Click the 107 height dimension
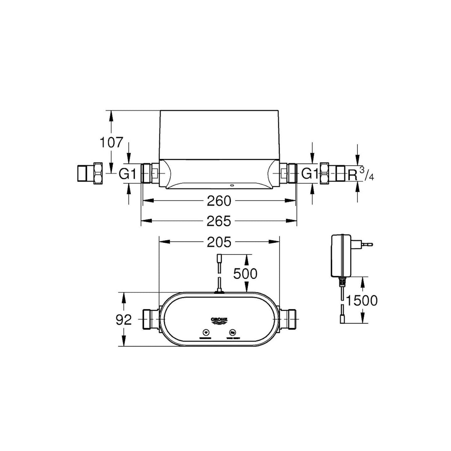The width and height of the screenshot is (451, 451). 111,143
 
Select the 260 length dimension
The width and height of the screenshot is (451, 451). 219,201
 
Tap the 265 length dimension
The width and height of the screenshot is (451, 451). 219,221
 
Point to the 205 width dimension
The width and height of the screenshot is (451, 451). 219,242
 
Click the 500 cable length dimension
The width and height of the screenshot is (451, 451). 245,274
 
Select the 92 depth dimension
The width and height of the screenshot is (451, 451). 124,320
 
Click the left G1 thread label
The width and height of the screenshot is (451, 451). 127,174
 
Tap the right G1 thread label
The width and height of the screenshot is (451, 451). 310,174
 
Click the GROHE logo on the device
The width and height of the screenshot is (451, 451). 219,320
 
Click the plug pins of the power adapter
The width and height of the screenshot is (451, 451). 367,245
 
